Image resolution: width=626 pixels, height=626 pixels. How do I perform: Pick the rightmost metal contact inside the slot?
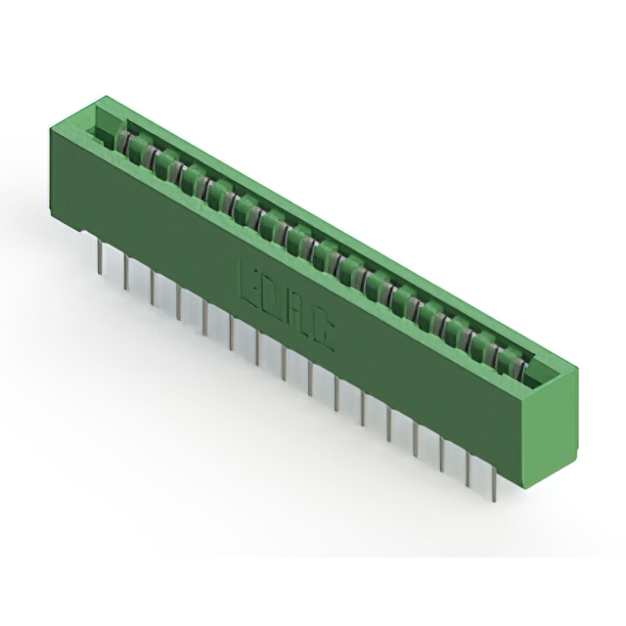[510, 365]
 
